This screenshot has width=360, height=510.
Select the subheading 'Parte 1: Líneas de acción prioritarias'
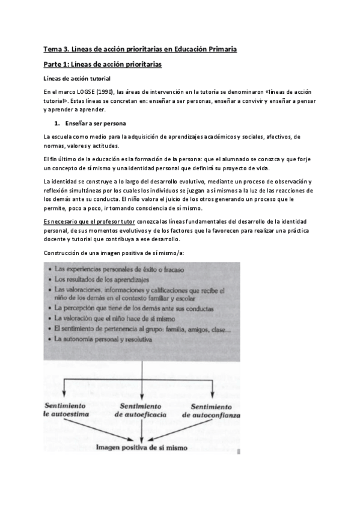[x=102, y=64]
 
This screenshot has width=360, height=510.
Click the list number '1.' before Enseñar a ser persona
[x=57, y=123]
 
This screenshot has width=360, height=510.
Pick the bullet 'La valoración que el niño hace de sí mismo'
[x=106, y=318]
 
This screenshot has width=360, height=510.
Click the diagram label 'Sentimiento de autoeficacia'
[x=142, y=410]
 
